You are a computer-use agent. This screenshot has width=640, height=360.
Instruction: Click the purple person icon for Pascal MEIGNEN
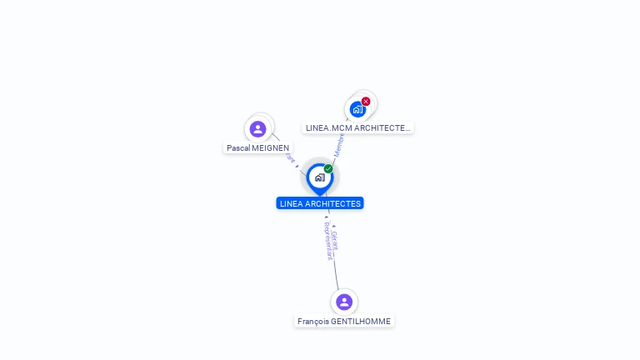257,129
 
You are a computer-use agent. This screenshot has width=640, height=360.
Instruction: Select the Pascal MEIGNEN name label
258,147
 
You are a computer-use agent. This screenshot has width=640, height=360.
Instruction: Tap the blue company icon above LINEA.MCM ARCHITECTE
357,109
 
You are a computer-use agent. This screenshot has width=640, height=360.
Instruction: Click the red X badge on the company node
366,102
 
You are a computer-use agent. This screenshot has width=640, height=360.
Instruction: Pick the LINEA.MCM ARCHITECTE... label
357,127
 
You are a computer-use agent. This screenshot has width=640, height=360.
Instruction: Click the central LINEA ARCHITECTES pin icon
319,177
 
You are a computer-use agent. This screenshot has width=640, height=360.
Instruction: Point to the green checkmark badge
328,169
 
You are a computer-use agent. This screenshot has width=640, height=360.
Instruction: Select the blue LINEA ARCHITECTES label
320,203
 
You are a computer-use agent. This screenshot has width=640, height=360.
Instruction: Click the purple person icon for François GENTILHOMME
344,302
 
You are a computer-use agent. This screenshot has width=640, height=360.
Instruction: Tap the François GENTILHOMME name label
344,321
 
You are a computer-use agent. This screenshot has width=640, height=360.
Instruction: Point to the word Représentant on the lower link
327,242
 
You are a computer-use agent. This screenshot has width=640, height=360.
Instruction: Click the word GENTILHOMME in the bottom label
361,321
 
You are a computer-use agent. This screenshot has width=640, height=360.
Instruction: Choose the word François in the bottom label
313,321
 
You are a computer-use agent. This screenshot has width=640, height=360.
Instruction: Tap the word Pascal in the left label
237,147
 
